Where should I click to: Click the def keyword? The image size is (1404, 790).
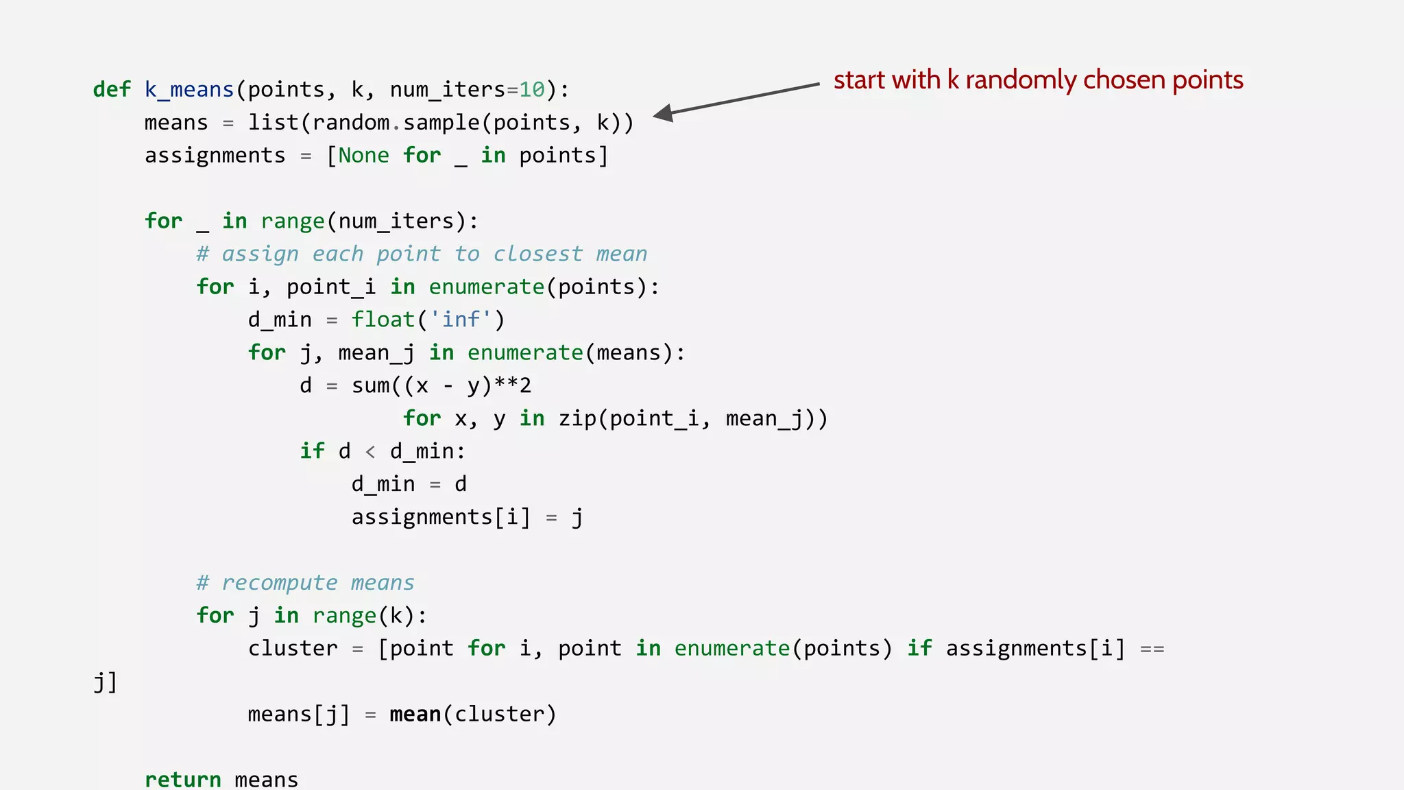click(112, 90)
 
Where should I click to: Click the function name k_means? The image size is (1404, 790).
click(189, 90)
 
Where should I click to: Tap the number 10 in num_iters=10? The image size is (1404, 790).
click(532, 90)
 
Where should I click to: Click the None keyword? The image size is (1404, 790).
click(363, 156)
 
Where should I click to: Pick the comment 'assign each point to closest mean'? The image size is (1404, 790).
click(422, 254)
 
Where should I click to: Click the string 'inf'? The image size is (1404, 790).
click(460, 320)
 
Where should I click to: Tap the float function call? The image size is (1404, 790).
click(383, 320)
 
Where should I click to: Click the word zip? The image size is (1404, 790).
click(577, 418)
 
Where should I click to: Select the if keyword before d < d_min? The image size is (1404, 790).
click(312, 451)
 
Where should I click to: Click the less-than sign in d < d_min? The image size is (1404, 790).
click(370, 452)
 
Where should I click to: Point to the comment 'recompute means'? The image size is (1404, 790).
click(305, 583)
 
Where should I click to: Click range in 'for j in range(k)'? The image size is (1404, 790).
click(344, 616)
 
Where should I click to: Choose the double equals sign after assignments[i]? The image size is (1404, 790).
click(1152, 649)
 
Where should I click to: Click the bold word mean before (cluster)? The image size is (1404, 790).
click(415, 715)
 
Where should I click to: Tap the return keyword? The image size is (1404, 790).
click(182, 780)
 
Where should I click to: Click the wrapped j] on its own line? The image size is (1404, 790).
click(105, 682)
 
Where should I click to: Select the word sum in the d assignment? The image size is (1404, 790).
click(370, 385)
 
